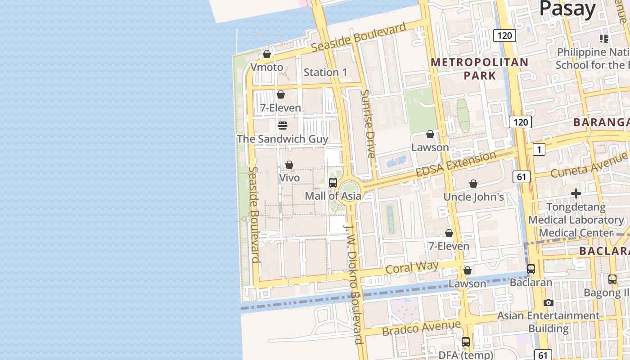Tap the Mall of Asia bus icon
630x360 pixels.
[333, 182]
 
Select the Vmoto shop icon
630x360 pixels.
[267, 54]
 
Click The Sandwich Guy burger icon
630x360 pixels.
[283, 125]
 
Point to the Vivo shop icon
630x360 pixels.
[289, 165]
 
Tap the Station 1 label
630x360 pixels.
[325, 72]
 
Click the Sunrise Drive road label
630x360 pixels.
[368, 124]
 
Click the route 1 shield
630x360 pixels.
[539, 149]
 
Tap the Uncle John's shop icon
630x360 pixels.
[473, 184]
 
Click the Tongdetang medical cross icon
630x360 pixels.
[576, 194]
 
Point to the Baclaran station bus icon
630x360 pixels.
[531, 269]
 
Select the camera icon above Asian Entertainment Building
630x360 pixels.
[548, 302]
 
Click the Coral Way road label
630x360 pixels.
[412, 268]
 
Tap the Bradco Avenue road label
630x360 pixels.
[421, 328]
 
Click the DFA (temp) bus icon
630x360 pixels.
[466, 342]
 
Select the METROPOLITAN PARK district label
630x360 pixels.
[480, 68]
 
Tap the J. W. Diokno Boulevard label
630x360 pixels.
[354, 283]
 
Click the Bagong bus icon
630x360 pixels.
[612, 279]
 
